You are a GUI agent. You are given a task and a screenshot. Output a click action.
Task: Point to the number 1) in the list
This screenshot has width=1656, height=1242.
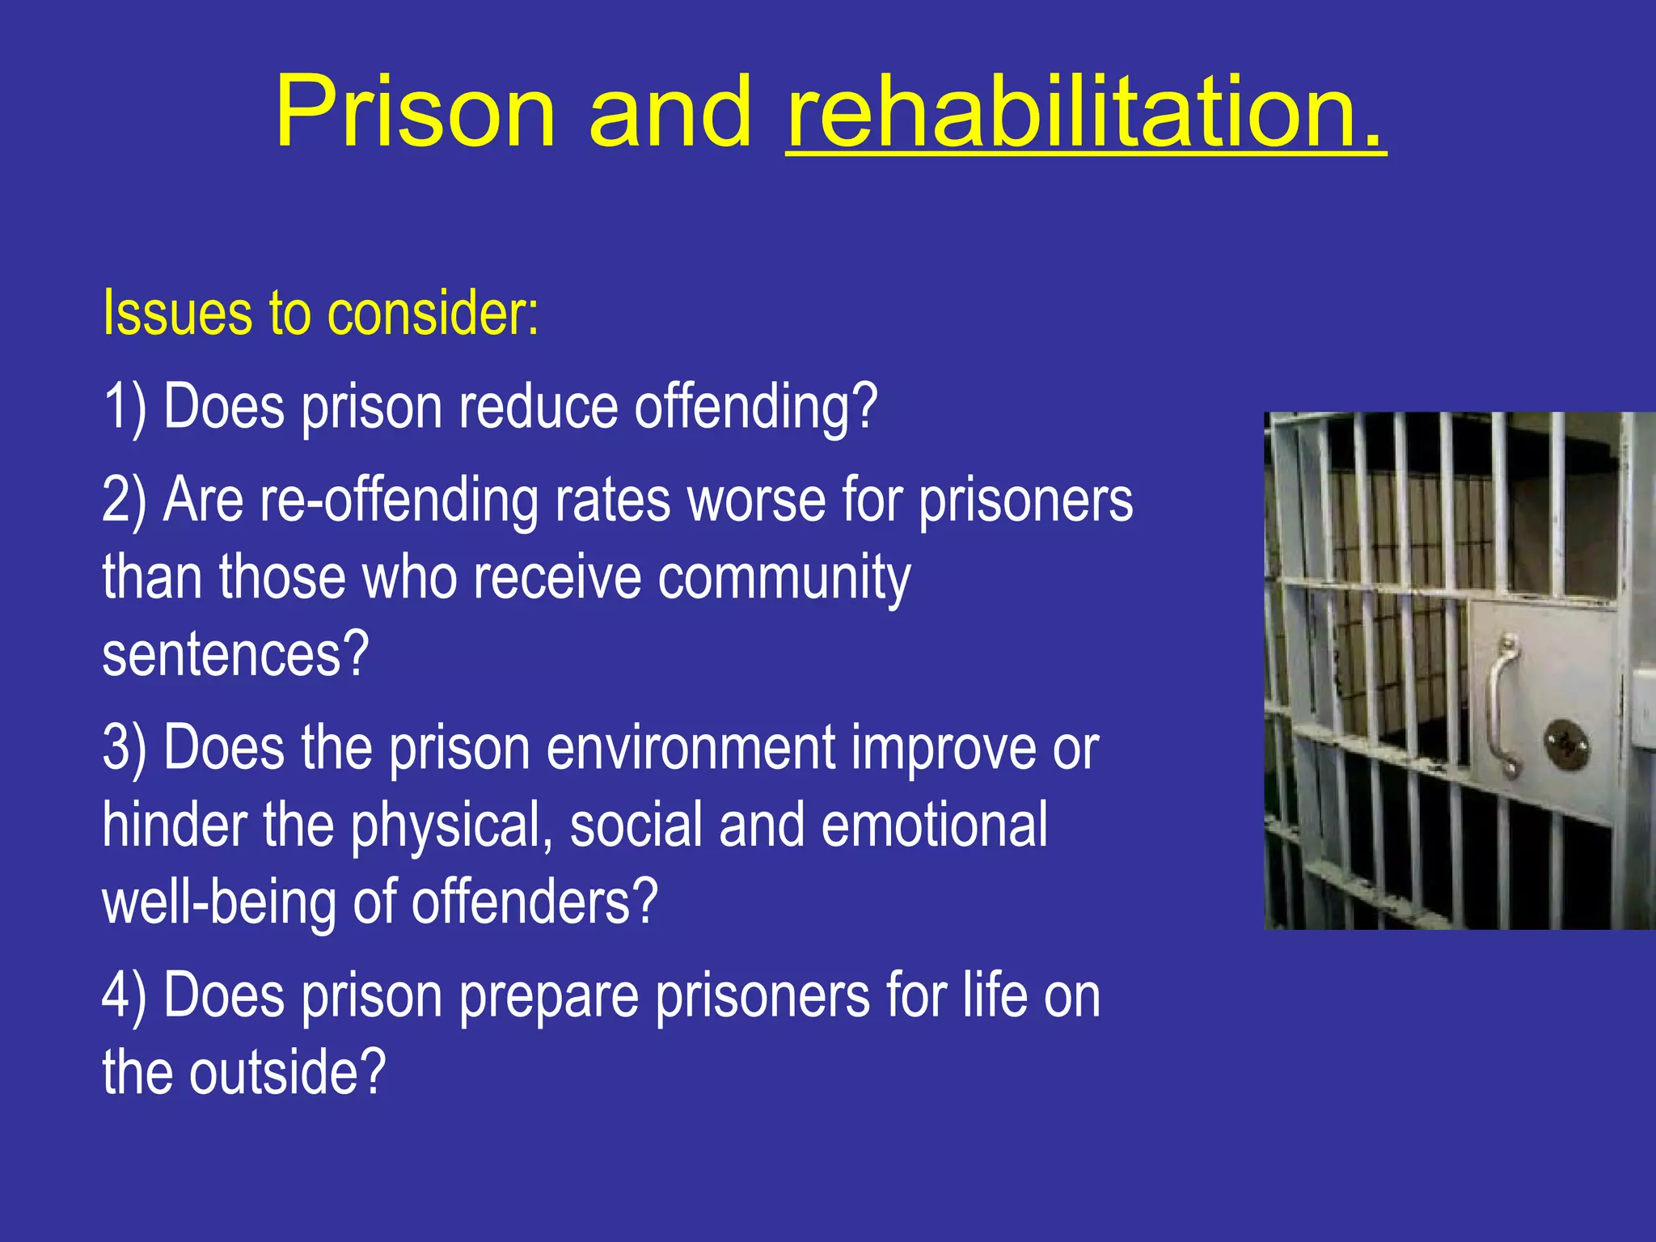point(125,406)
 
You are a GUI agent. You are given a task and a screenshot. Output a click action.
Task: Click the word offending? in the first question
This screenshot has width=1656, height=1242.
point(755,406)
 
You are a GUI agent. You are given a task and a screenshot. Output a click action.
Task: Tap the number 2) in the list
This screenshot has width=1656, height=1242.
point(125,500)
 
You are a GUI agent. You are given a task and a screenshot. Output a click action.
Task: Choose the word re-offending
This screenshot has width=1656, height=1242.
point(399,500)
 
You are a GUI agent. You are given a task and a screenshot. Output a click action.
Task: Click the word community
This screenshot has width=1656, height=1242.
point(784,577)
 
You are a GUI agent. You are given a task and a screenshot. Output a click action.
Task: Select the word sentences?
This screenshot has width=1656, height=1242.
point(235,654)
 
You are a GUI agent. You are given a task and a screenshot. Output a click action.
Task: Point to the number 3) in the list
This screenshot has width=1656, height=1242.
point(125,747)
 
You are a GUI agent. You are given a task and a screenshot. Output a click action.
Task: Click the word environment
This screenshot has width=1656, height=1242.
point(691,747)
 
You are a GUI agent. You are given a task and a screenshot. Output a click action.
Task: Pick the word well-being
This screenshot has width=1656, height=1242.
point(219,902)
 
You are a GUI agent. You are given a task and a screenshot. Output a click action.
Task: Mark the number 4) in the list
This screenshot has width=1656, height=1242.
point(125,995)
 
